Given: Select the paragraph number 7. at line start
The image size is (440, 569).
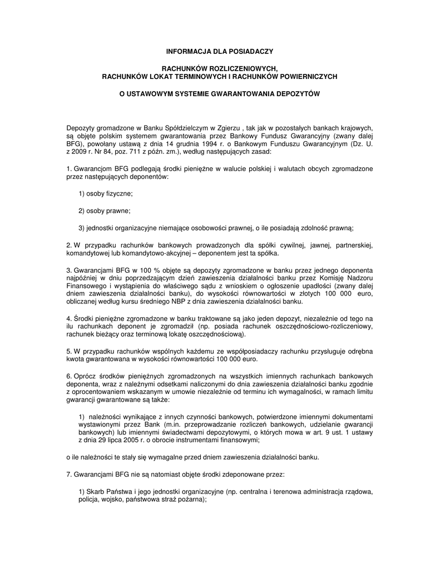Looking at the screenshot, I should pyautogui.click(x=69, y=475).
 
